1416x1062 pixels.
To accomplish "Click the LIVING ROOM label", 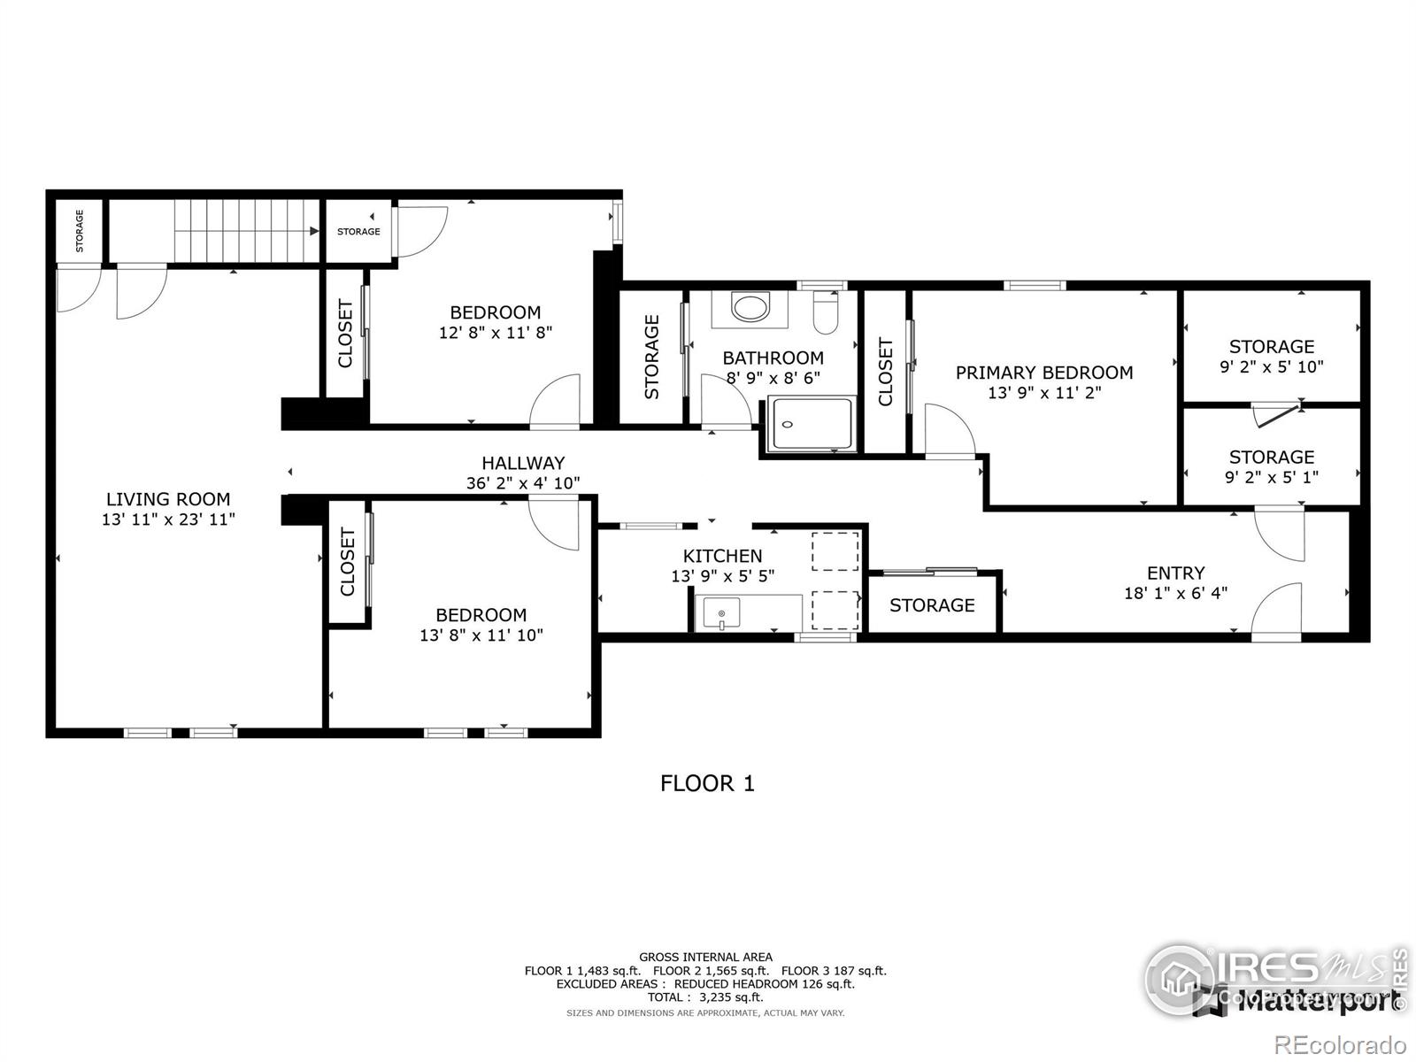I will pos(168,499).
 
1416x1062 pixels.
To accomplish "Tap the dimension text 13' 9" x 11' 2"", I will pos(1044,393).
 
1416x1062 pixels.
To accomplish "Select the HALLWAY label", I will pos(523,463).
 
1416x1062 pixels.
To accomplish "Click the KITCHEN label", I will pos(722,556).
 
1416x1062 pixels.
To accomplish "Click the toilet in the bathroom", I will pos(825,314).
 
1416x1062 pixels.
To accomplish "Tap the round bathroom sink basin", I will pos(751,309).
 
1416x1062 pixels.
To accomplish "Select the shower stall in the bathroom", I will pos(812,424).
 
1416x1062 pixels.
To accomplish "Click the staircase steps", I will pos(246,230).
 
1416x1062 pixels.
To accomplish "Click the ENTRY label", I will pos(1175,573).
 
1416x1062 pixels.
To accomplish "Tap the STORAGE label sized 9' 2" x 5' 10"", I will pos(1271,347).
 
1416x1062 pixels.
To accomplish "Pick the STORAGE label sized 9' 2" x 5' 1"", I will pos(1271,458).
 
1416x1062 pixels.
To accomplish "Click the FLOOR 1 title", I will pos(707,783).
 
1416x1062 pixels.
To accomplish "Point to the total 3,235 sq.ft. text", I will pos(705,997).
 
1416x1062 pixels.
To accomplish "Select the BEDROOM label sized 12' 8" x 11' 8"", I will pos(495,312).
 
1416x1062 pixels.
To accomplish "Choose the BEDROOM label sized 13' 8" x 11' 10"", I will pos(481,615).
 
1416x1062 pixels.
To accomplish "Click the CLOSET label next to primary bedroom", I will pos(886,373).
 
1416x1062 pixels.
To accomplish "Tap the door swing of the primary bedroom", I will pos(949,431).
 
